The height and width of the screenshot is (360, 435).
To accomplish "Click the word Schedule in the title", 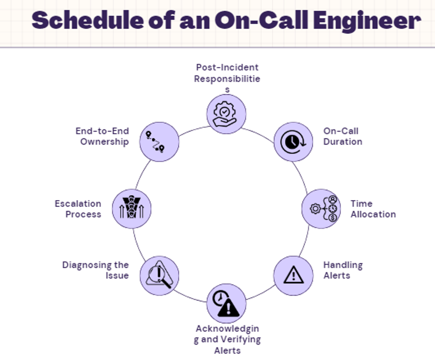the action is [87, 20].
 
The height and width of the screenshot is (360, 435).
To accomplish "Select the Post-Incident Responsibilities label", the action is [227, 78].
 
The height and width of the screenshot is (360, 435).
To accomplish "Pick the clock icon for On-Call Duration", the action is [293, 142].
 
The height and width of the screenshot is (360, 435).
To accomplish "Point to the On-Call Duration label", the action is [343, 136].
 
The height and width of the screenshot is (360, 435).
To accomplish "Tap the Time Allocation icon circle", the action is [321, 209].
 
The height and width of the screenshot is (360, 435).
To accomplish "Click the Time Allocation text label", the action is [373, 209].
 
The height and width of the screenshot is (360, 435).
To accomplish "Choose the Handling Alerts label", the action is [343, 270].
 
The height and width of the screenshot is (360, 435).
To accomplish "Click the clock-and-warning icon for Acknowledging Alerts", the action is [226, 303].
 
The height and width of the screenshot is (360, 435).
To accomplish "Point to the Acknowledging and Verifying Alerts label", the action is [227, 340].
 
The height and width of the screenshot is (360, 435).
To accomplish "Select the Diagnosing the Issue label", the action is [95, 270].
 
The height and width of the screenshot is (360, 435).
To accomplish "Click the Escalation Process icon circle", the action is [132, 209].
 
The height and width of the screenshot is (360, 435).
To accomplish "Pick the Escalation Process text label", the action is [78, 209].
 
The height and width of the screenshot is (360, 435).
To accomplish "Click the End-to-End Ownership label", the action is [102, 136].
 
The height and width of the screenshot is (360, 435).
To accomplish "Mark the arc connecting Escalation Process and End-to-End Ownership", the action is [142, 173].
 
